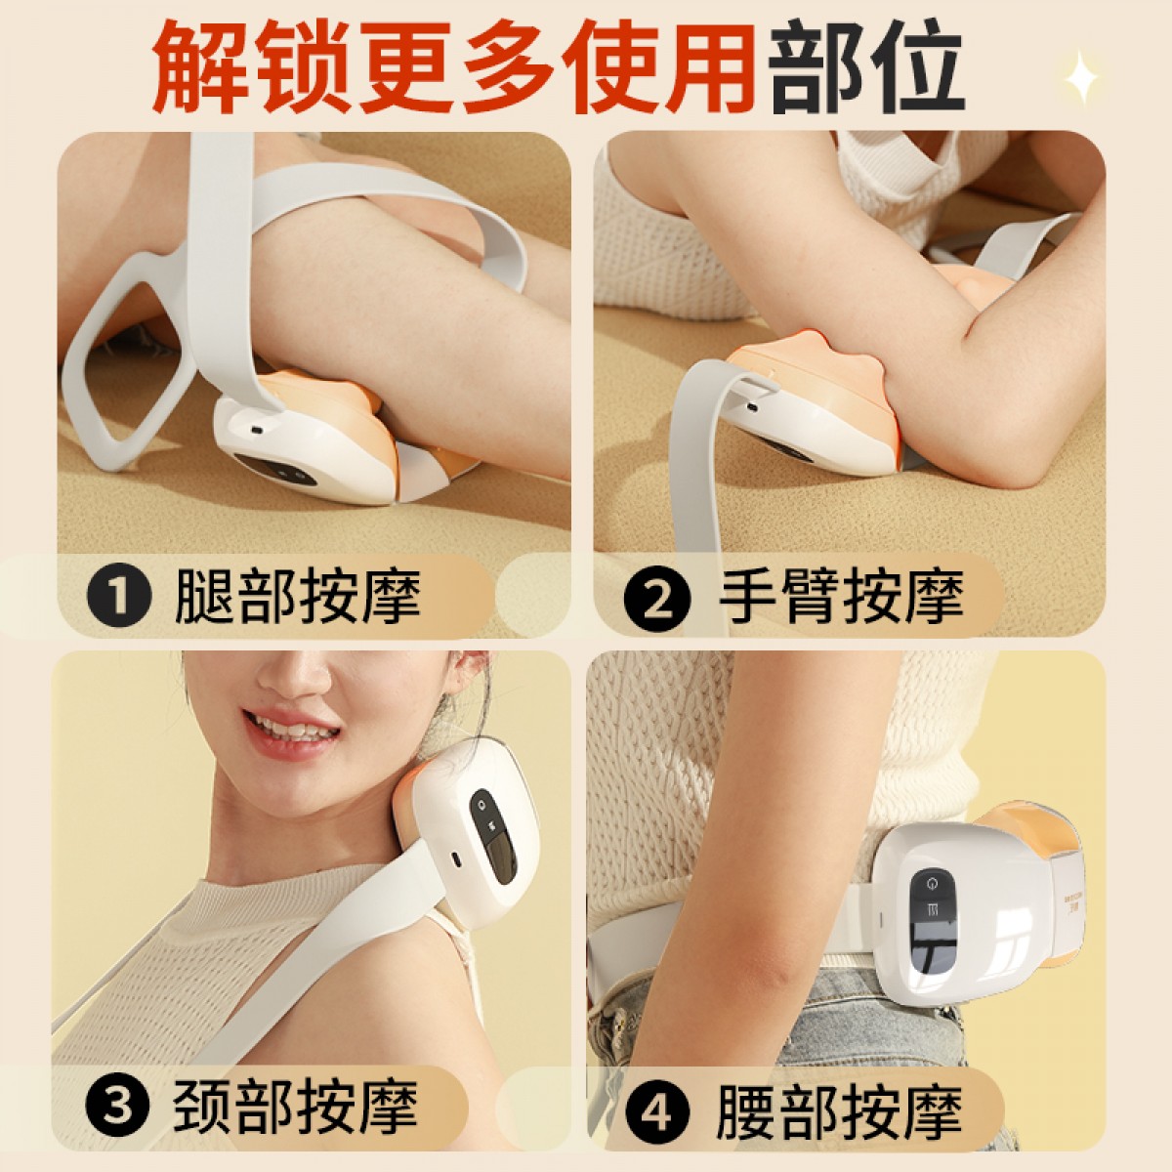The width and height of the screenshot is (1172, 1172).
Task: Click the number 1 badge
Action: tap(118, 596)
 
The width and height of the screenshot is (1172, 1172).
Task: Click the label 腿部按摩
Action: tap(298, 596)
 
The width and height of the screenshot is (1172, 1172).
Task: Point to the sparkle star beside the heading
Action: tap(1081, 76)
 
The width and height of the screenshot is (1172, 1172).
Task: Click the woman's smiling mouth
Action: tap(291, 731)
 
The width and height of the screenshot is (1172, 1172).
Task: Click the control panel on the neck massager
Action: tap(492, 836)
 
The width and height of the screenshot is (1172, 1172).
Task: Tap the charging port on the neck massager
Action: tap(453, 858)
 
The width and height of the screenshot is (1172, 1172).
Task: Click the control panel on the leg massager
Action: tap(276, 469)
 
